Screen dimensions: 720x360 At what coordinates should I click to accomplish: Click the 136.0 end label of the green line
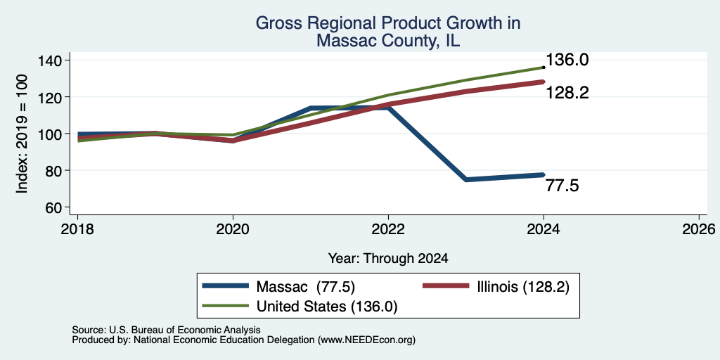tap(567, 60)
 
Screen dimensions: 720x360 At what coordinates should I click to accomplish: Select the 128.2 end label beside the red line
tap(567, 94)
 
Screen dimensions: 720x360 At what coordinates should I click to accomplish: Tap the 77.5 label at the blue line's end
tap(562, 186)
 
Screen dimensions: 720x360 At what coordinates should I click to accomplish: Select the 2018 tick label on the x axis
tap(77, 229)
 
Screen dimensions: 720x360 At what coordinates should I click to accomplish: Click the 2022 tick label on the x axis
tap(388, 229)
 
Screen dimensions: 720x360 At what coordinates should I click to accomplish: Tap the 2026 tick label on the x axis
tap(699, 229)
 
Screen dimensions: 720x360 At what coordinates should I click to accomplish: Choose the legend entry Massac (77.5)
tap(305, 287)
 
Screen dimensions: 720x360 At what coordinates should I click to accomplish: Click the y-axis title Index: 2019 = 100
tap(22, 134)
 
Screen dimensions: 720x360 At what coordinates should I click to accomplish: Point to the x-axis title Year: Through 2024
tap(388, 259)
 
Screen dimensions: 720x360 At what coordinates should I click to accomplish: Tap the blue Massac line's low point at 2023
tap(466, 179)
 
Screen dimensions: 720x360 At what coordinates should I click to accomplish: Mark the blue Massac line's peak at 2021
tap(311, 108)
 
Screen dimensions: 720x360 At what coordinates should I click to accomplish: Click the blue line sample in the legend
tap(226, 287)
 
